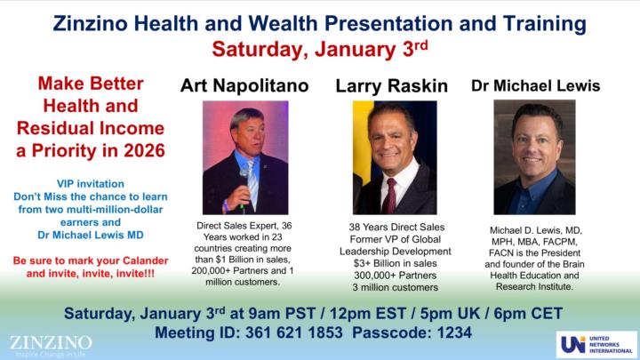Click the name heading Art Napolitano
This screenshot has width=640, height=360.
coord(244,85)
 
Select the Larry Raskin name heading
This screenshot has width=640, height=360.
coord(391,86)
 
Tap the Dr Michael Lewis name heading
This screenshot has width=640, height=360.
coord(534,86)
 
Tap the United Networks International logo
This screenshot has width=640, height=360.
coord(596,344)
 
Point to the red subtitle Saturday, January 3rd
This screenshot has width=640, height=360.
coord(319,48)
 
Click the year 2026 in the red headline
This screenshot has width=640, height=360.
coord(141,150)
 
